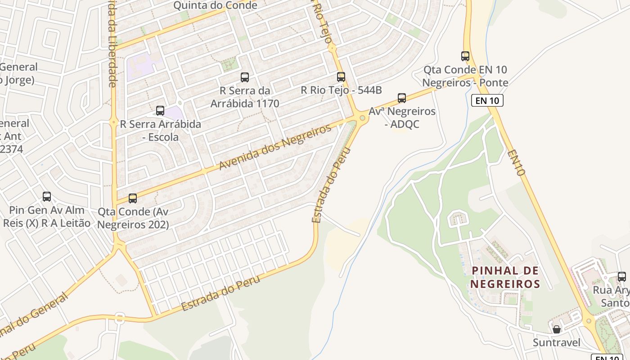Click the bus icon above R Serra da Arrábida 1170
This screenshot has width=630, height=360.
(x=245, y=77)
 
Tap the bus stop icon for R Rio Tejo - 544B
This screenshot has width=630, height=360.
(x=341, y=77)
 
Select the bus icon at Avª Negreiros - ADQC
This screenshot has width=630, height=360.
(x=402, y=98)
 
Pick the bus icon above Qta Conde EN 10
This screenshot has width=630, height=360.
(x=465, y=56)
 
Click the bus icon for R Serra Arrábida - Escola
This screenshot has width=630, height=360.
(x=160, y=111)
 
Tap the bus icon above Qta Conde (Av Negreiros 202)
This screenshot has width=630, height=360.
(x=132, y=198)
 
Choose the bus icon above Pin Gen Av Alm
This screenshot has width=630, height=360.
(x=47, y=197)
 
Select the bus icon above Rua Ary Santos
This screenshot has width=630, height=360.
(x=621, y=277)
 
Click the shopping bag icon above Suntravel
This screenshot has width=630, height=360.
(x=557, y=329)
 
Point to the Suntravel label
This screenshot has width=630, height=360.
(x=556, y=343)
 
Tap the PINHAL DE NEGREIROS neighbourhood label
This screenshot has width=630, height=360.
(x=505, y=277)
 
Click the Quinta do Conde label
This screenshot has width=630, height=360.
(x=215, y=5)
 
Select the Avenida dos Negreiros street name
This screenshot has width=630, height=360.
(x=275, y=147)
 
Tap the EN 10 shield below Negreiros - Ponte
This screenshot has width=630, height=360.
(x=487, y=100)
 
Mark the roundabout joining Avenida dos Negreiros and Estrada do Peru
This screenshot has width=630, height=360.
(x=362, y=118)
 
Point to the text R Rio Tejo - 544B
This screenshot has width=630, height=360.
(x=341, y=90)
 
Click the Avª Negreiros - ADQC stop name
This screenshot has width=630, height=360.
(x=402, y=117)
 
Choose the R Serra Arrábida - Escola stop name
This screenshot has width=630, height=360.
(x=160, y=130)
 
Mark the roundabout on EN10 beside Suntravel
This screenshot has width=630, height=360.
(x=589, y=321)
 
